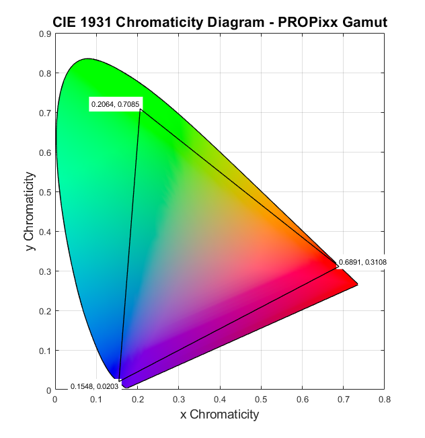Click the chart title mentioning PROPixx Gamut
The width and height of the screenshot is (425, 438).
[x=219, y=23]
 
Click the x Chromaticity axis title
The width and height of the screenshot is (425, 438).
[x=219, y=414]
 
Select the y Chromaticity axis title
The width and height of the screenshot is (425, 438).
[x=29, y=212]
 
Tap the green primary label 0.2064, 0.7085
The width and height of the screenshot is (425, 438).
[x=115, y=104]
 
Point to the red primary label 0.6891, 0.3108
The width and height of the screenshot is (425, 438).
[x=362, y=262]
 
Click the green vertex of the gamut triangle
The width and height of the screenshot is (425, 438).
[x=140, y=109]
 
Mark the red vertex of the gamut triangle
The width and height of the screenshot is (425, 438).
[x=338, y=267]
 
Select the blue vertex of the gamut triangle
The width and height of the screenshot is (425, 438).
[x=119, y=382]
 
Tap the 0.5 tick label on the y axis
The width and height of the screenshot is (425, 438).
[x=45, y=192]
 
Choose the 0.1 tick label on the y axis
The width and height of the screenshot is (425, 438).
[x=45, y=351]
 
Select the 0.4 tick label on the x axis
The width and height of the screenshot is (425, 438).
[x=220, y=399]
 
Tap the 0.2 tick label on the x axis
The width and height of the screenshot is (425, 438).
[x=137, y=399]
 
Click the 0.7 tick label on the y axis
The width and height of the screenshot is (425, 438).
[x=45, y=113]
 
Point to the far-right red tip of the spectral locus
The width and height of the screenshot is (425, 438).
[x=357, y=285]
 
